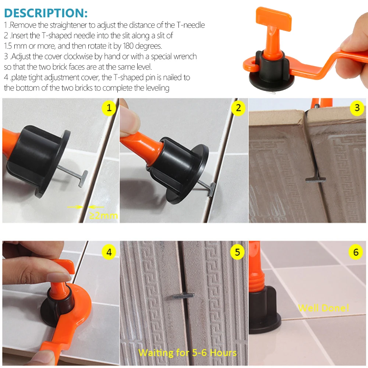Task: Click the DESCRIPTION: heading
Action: click(46, 13)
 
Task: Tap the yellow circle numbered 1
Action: click(109, 108)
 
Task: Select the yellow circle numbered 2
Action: click(238, 108)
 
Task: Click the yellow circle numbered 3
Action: click(357, 108)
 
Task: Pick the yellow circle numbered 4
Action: click(109, 252)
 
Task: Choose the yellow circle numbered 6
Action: click(356, 252)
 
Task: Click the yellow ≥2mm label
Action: click(103, 215)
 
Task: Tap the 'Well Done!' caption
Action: click(323, 308)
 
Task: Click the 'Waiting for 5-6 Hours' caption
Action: click(187, 353)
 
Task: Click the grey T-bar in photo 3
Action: click(315, 180)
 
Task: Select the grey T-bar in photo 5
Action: click(184, 296)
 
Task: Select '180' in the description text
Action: click(128, 46)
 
